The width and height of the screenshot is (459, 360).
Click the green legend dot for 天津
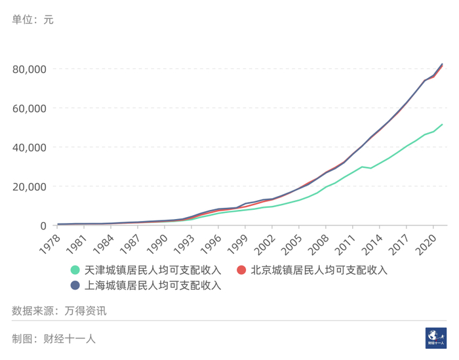(x=75, y=270)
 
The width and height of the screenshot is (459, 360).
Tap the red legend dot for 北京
(x=241, y=270)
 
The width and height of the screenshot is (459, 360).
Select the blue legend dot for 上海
(x=75, y=285)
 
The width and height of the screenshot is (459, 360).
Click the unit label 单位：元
(x=33, y=20)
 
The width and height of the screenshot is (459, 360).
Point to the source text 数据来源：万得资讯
(x=59, y=311)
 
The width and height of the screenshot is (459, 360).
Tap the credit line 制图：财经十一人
(x=54, y=339)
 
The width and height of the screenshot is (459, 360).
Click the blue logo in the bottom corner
(x=435, y=337)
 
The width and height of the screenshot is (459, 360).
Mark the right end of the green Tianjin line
(x=443, y=125)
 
